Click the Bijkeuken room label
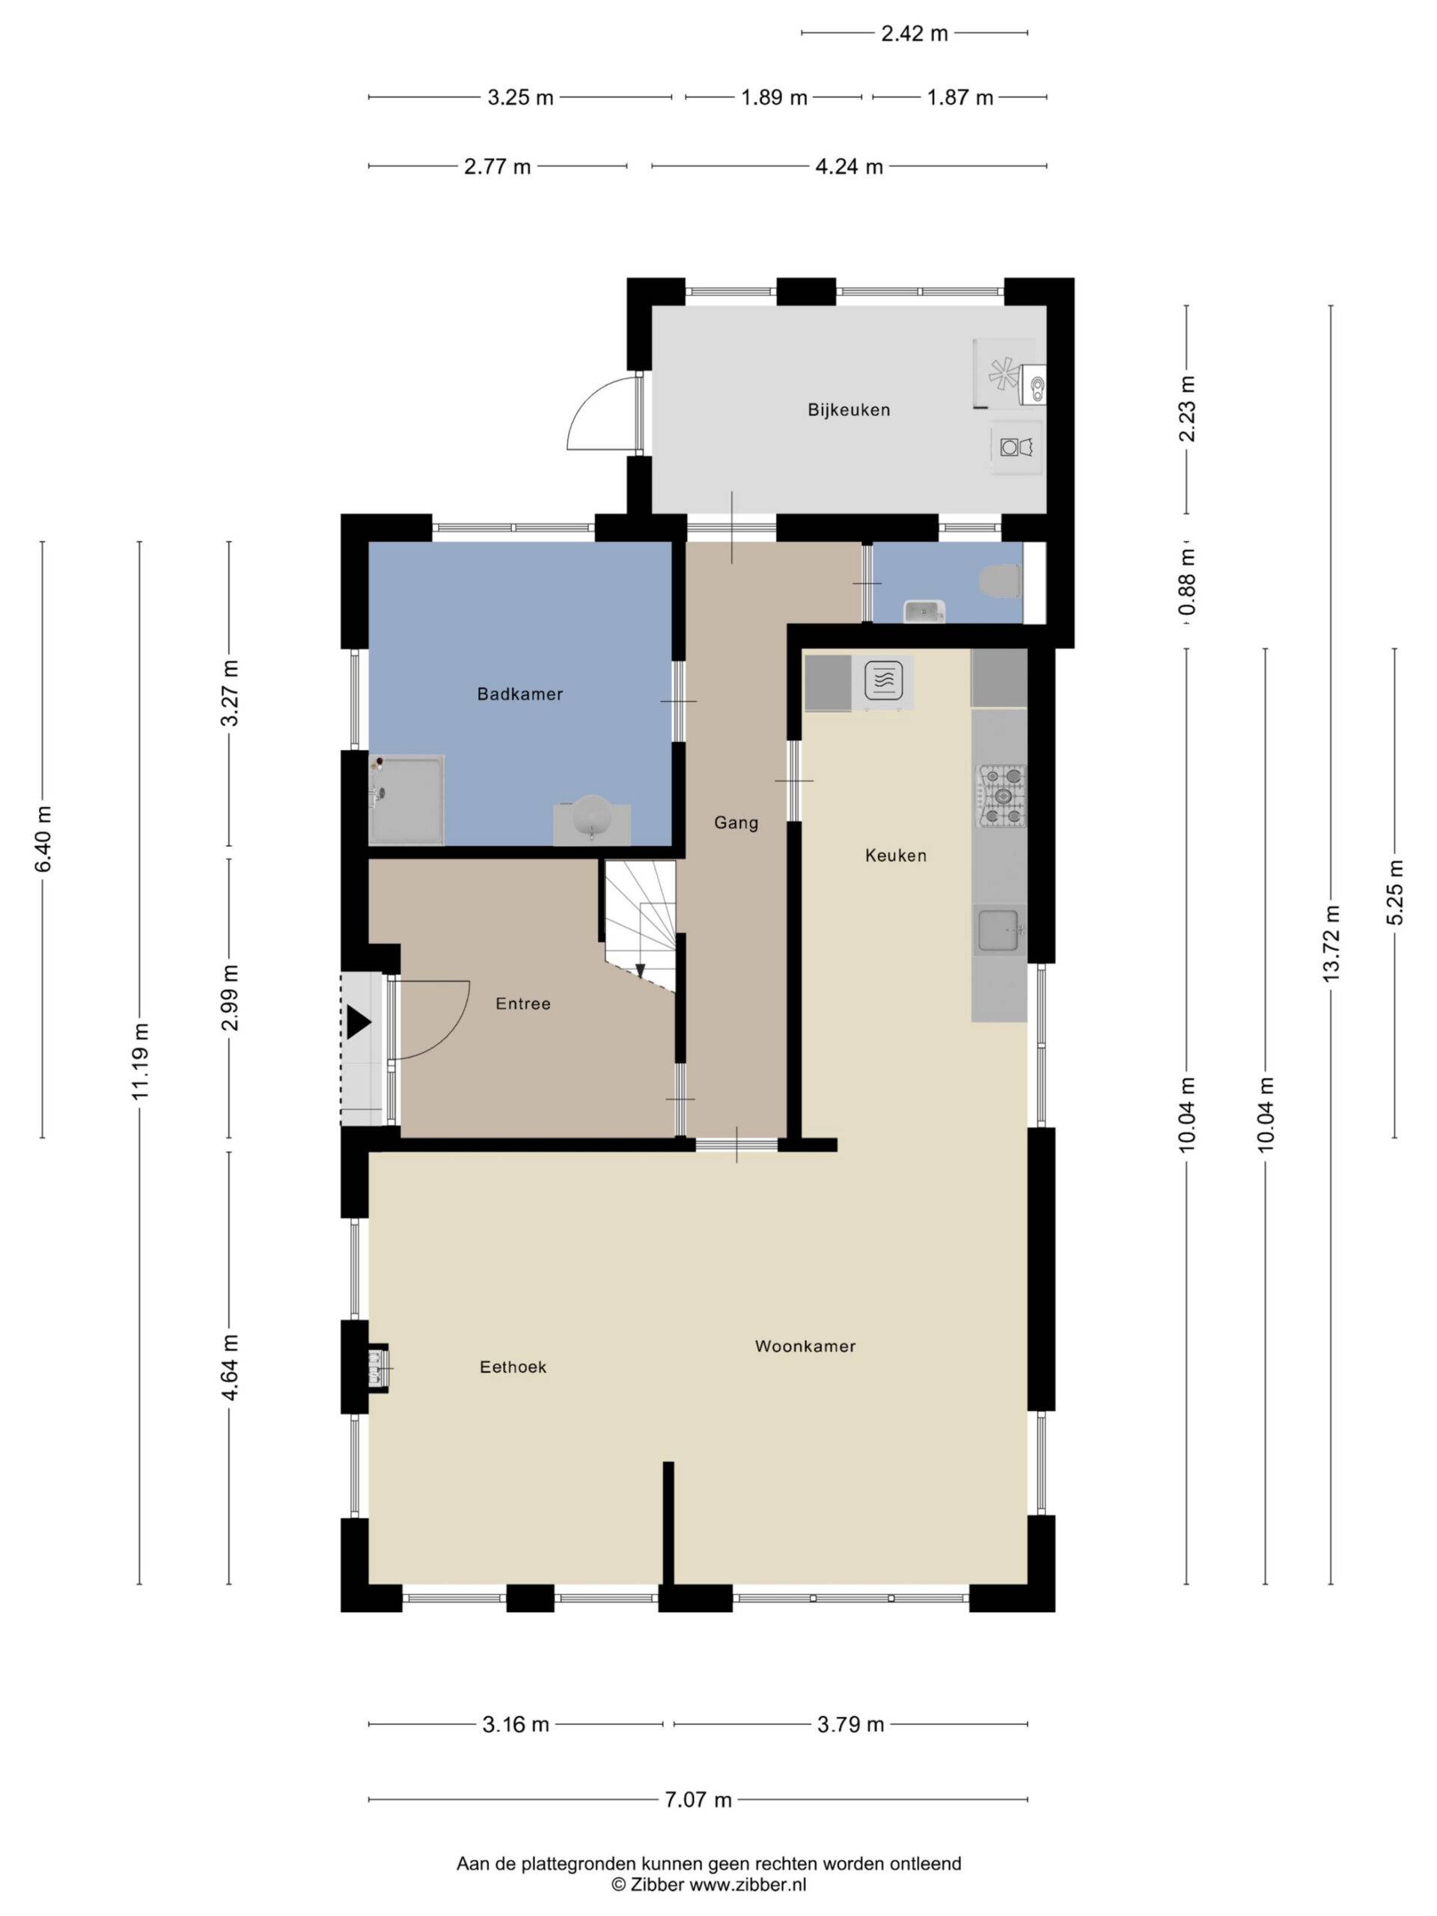pyautogui.click(x=848, y=409)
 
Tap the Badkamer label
pyautogui.click(x=519, y=694)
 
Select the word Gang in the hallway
pyautogui.click(x=736, y=823)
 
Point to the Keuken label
pyautogui.click(x=896, y=855)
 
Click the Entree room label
pyautogui.click(x=523, y=1004)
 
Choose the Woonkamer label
pyautogui.click(x=805, y=1346)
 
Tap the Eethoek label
pyautogui.click(x=513, y=1367)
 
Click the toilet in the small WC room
pyautogui.click(x=1002, y=580)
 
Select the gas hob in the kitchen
pyautogui.click(x=1002, y=795)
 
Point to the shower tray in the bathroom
pyautogui.click(x=406, y=799)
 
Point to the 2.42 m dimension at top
pyautogui.click(x=915, y=34)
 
